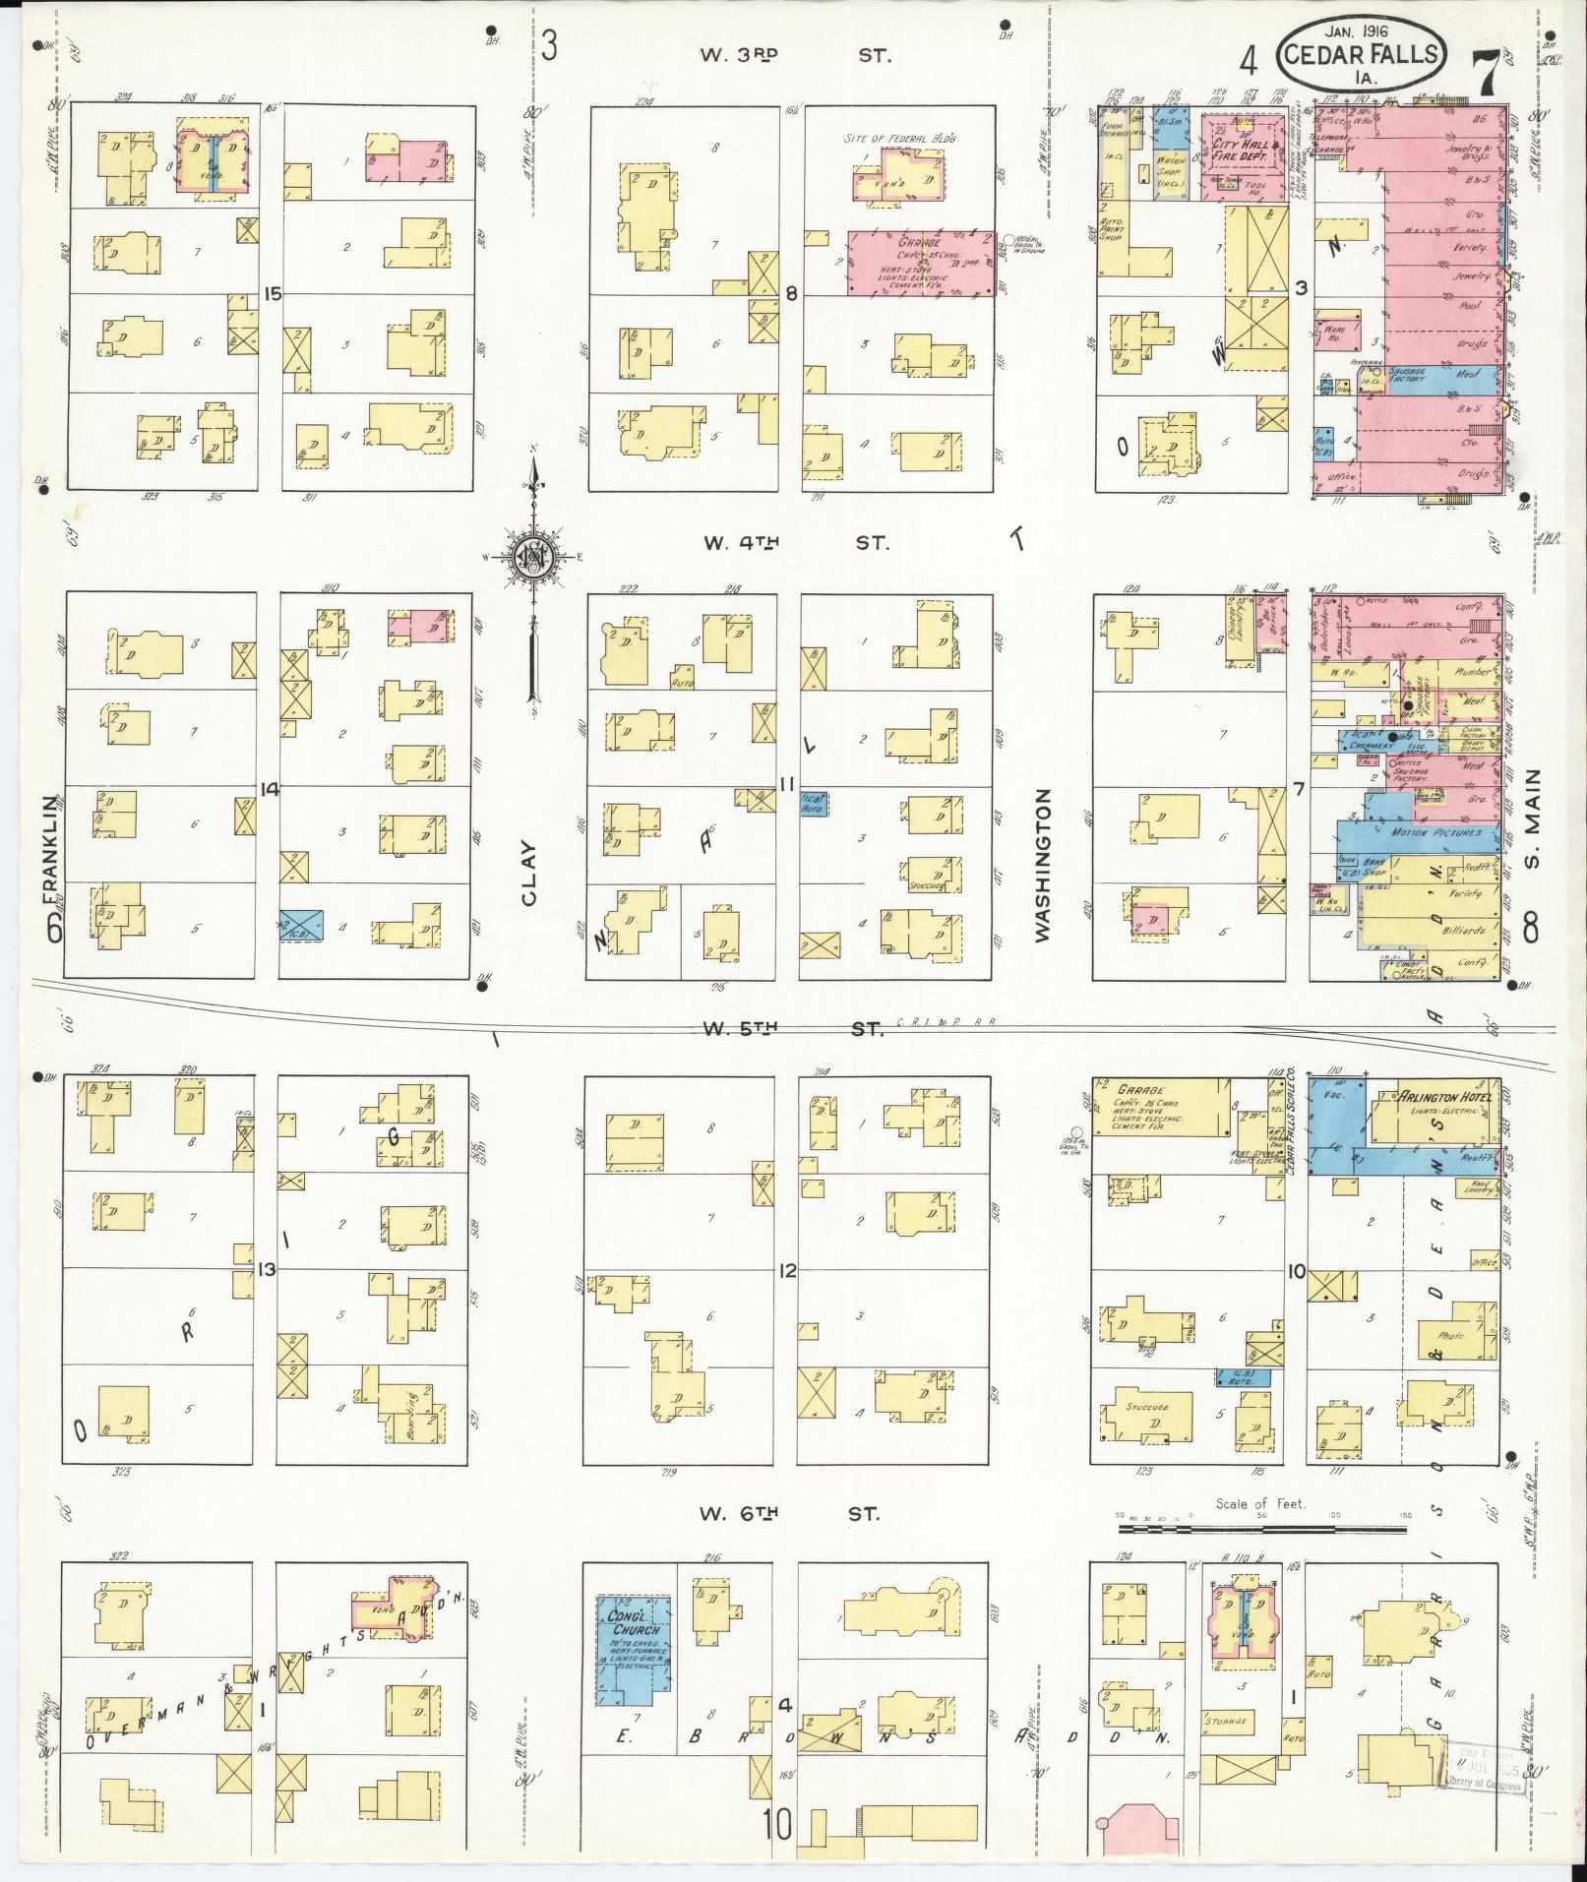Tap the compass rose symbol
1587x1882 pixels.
coord(532,557)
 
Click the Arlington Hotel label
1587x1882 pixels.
coord(1446,1098)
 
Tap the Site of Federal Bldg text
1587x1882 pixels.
coord(899,138)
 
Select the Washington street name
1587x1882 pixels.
coord(1043,865)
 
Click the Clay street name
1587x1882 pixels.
coord(528,872)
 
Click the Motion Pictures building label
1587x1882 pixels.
coord(1427,832)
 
